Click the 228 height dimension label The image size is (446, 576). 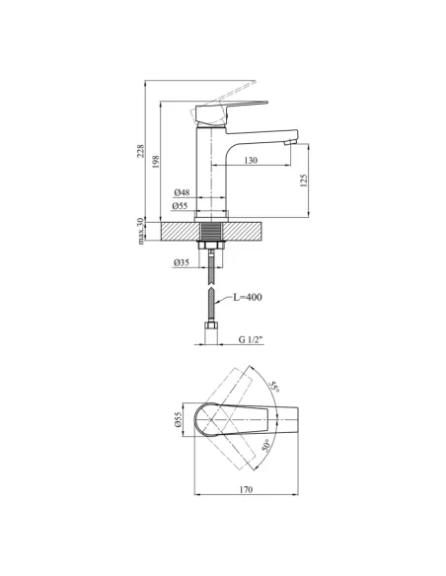[140, 151]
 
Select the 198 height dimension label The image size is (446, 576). [156, 162]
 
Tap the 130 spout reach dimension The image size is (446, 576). [251, 160]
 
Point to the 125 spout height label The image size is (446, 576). [304, 180]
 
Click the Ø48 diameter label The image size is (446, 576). [182, 192]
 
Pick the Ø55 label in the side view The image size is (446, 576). [180, 206]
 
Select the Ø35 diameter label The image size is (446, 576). [182, 262]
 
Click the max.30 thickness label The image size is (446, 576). [140, 231]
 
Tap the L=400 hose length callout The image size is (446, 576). [248, 297]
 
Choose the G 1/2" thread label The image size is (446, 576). [252, 340]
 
